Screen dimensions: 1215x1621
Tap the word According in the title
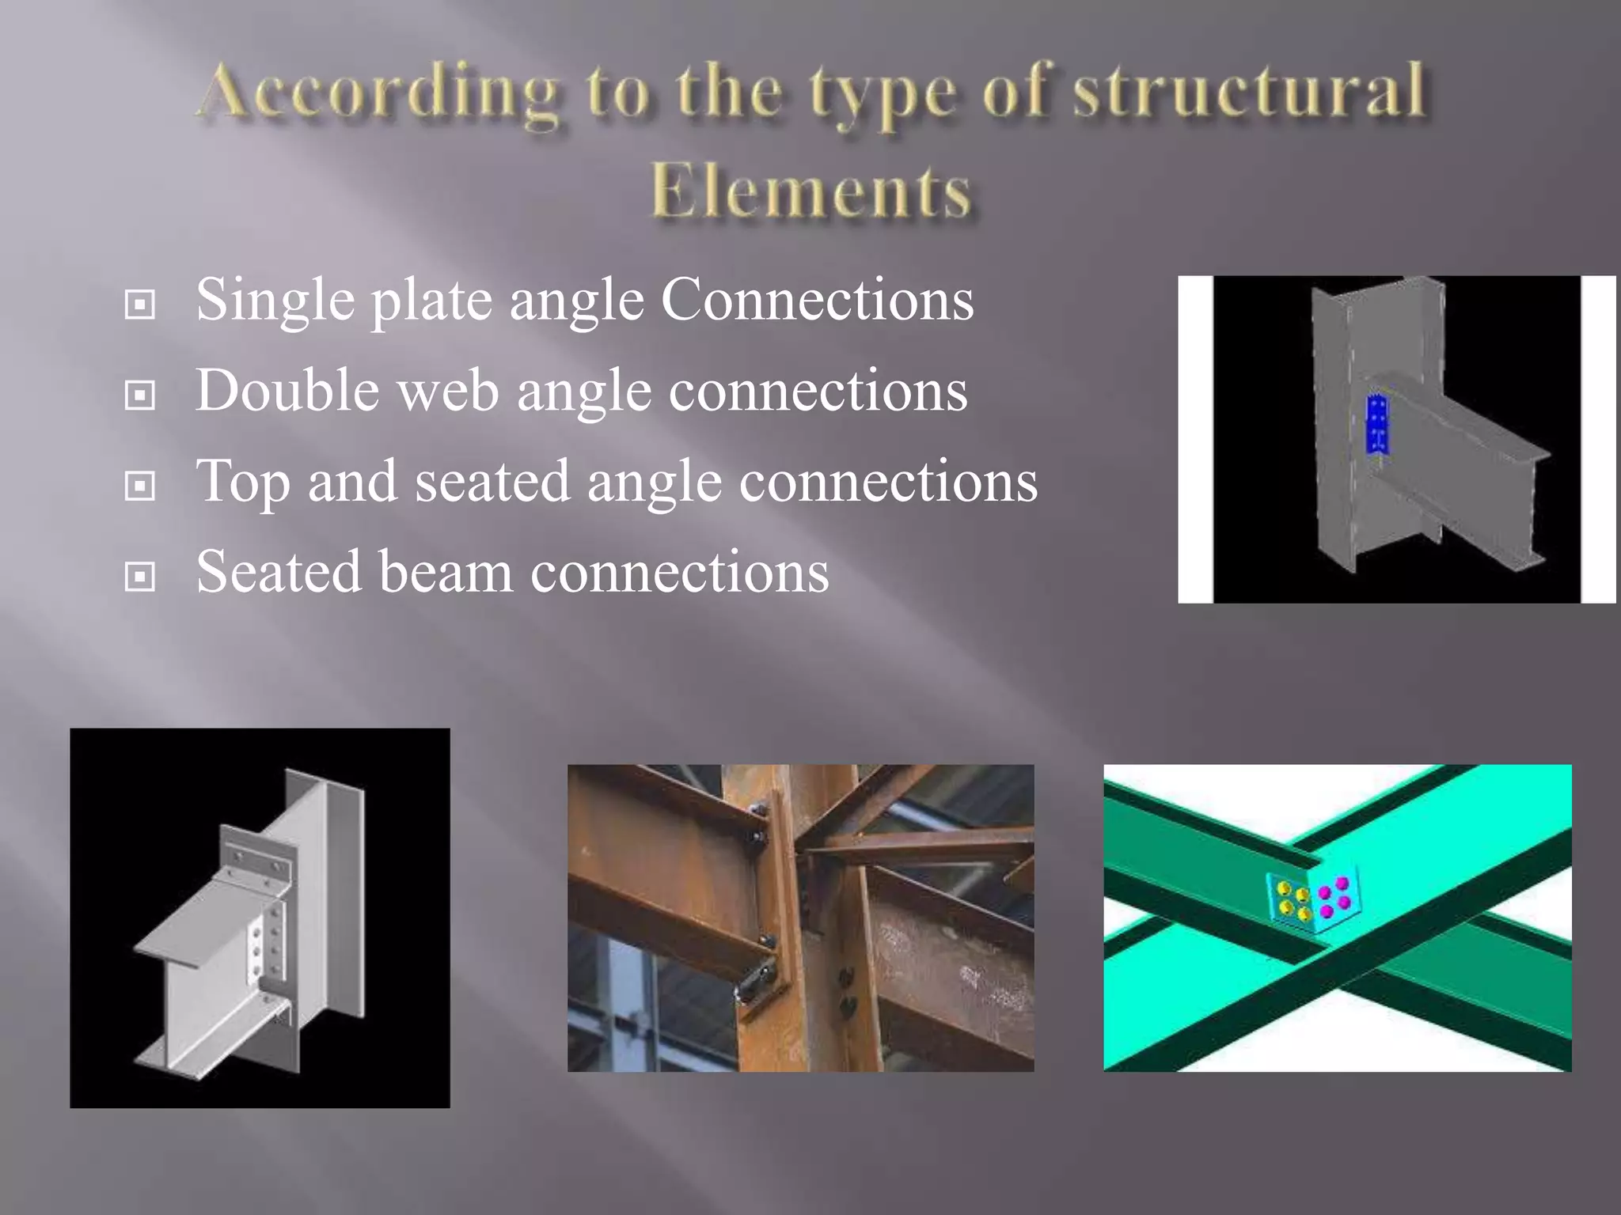[380, 93]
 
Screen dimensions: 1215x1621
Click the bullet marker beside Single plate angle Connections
[140, 304]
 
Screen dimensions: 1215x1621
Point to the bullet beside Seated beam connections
[140, 576]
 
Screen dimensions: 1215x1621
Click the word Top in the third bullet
[241, 483]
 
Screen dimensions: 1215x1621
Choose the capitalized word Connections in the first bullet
[817, 301]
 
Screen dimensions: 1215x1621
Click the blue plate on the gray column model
[1377, 426]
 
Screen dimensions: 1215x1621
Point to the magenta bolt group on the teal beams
[1335, 897]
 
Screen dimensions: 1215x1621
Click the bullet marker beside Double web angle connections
[140, 395]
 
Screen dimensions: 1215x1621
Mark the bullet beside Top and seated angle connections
[140, 485]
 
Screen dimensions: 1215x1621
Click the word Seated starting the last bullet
[278, 572]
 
